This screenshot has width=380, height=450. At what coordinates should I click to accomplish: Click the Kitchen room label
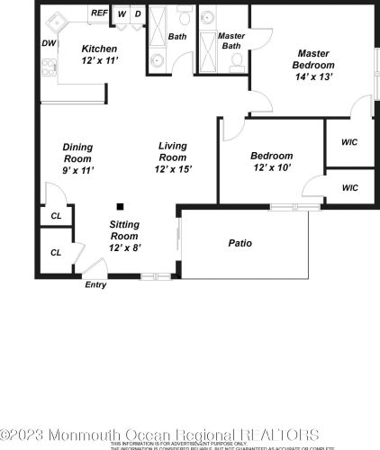tap(98, 49)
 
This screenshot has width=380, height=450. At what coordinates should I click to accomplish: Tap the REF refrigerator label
tap(98, 14)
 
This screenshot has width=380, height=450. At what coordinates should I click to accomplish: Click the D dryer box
tap(137, 13)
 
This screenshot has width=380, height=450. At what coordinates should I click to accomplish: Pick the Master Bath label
tap(231, 40)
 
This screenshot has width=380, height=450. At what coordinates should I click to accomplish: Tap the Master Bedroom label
tap(313, 59)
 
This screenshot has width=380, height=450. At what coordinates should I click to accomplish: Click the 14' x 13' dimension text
tap(313, 76)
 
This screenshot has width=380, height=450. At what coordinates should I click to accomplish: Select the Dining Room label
tap(77, 152)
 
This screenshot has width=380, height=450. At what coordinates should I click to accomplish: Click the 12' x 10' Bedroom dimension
tap(271, 168)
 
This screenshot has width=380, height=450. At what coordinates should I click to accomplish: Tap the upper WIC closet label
tap(349, 142)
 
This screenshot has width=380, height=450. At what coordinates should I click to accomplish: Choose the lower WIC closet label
tap(349, 188)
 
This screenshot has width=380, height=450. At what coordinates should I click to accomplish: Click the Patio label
tap(240, 243)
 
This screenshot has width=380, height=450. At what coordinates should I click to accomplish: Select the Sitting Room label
tap(125, 229)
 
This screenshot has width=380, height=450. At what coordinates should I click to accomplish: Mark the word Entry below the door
tap(95, 285)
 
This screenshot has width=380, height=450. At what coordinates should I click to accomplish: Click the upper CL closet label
tap(56, 216)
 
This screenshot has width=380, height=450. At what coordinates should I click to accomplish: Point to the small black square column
tap(119, 205)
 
